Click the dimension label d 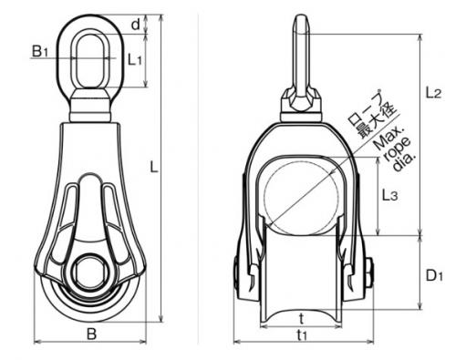tap(136, 25)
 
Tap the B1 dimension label tap(40, 51)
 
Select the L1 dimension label tap(135, 59)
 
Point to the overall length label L tap(154, 168)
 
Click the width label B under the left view tap(91, 334)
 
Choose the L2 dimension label tap(433, 92)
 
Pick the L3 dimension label tap(389, 195)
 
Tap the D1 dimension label tap(434, 276)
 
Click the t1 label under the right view tap(302, 334)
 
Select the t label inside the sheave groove tap(301, 319)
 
